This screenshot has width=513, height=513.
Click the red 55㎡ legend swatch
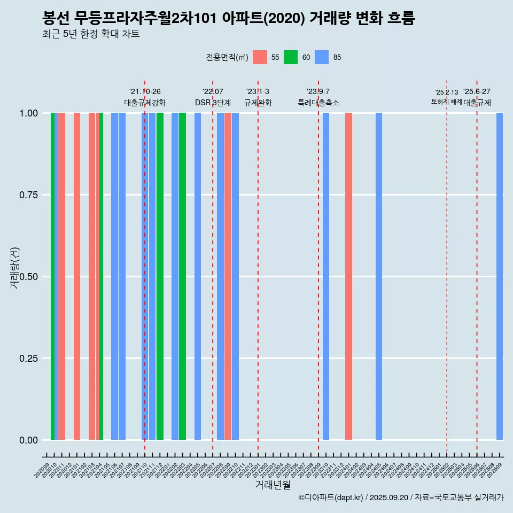tap(260, 57)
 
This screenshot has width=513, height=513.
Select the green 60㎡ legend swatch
tap(291, 57)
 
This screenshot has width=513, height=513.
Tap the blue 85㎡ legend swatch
tap(322, 57)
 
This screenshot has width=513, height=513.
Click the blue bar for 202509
tap(500, 276)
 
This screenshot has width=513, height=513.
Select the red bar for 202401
tap(348, 276)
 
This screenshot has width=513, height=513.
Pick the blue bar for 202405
tap(379, 276)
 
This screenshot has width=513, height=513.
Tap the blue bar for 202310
tap(326, 276)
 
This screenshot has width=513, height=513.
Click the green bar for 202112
tap(160, 276)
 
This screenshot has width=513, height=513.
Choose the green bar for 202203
tap(182, 276)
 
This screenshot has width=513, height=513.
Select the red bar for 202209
tap(228, 276)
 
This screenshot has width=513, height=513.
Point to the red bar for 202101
tap(77, 276)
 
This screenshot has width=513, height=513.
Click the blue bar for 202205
tap(198, 276)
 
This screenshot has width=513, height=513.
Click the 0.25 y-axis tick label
tap(28, 358)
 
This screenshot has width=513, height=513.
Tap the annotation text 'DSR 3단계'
tap(213, 103)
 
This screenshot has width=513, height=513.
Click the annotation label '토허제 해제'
tap(446, 102)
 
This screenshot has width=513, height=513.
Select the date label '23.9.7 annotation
tap(318, 91)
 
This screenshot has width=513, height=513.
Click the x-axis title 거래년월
tap(273, 485)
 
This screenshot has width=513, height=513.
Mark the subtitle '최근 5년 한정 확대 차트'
tap(91, 34)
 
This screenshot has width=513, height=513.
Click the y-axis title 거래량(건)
tap(14, 268)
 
